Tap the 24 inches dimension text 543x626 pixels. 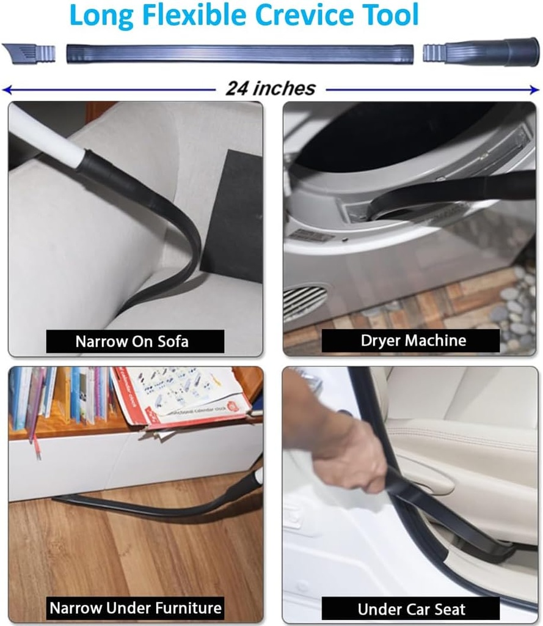point(271,89)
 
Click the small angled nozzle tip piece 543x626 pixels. point(28,53)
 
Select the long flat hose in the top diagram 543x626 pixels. point(239,54)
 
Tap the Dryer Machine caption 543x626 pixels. point(413,341)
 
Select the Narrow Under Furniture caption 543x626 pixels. point(135,608)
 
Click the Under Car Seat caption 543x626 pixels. point(411,609)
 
